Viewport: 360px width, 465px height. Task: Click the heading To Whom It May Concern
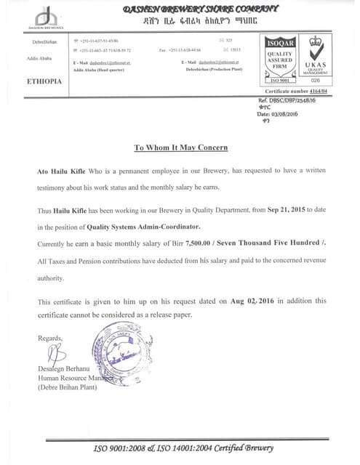180,147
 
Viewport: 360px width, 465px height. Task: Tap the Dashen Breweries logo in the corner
46,17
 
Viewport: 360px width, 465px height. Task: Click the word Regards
50,339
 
